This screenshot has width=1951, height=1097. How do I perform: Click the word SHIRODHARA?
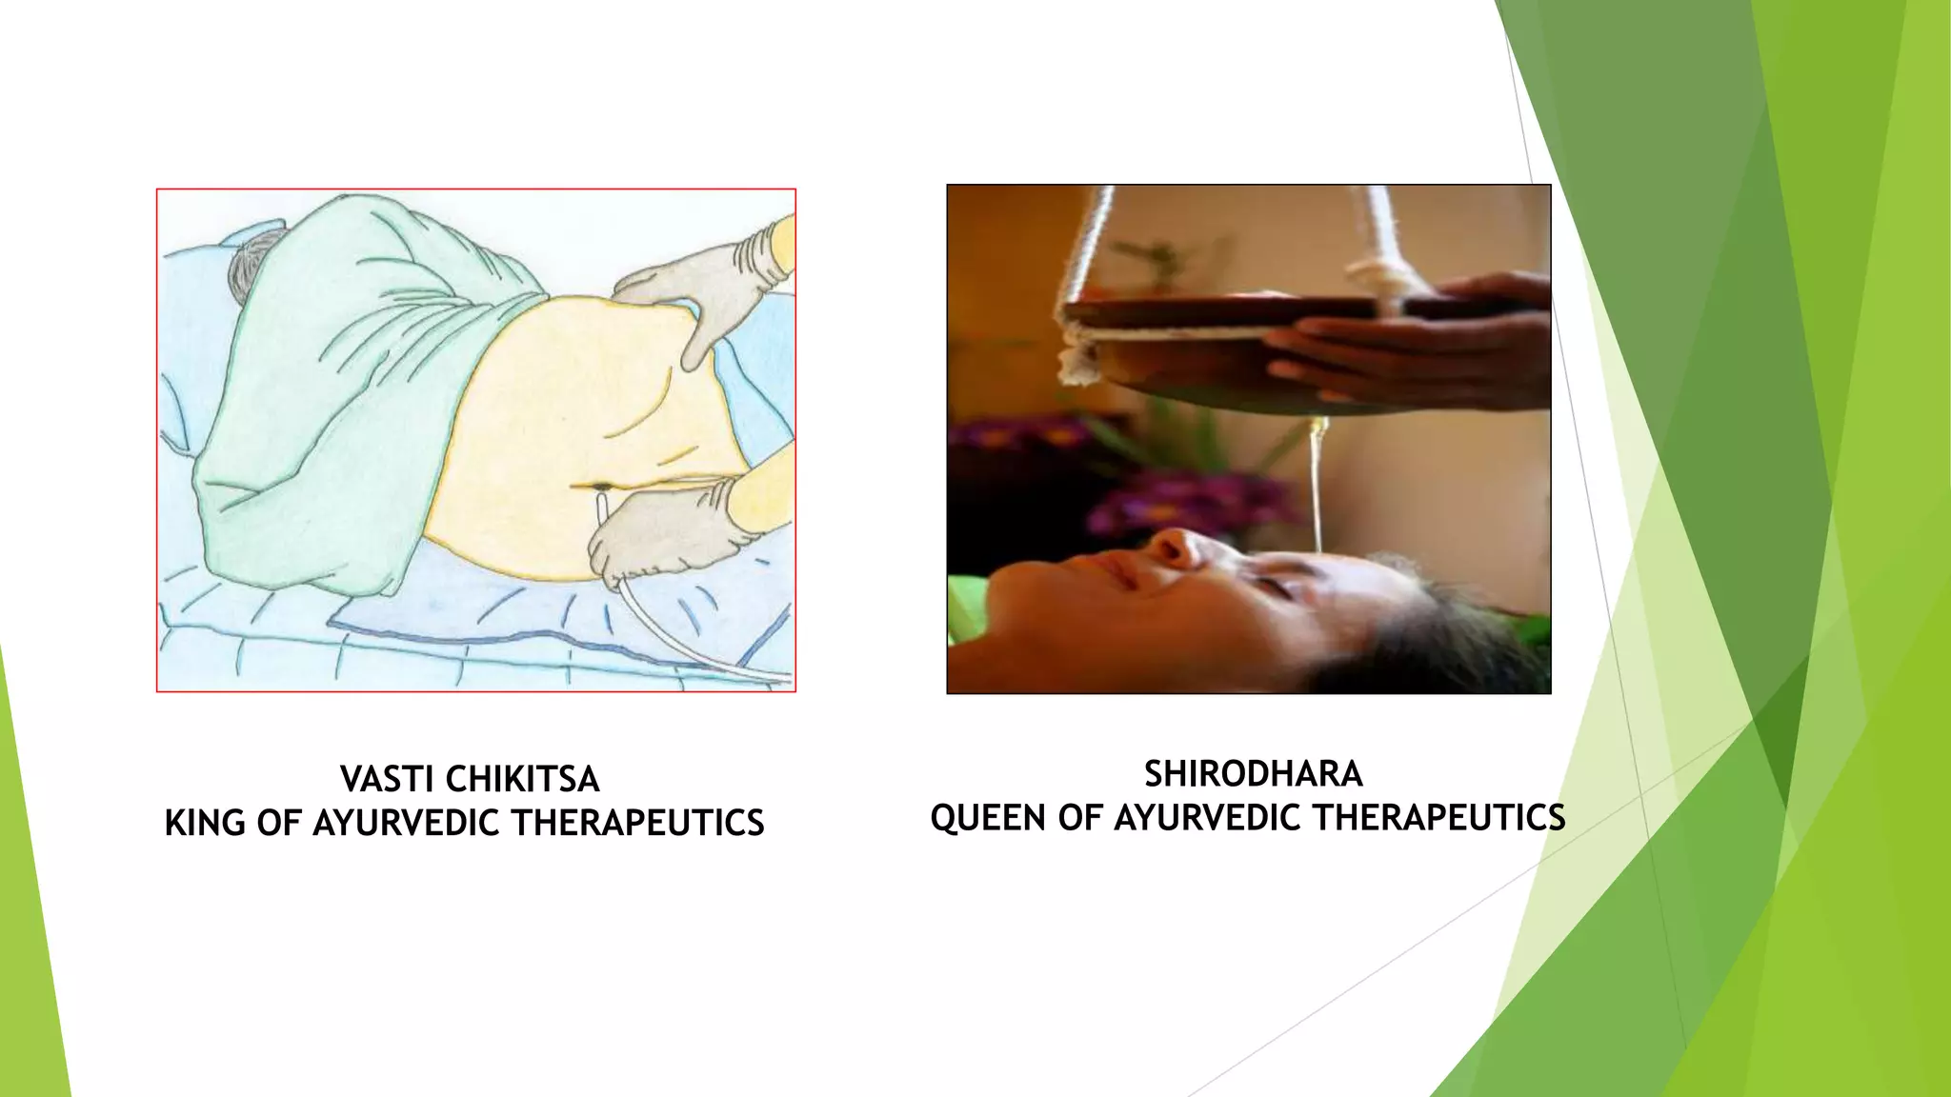(x=1253, y=773)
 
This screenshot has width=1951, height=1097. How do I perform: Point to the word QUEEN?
(x=988, y=817)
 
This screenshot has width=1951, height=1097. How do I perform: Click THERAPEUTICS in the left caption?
(x=638, y=823)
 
